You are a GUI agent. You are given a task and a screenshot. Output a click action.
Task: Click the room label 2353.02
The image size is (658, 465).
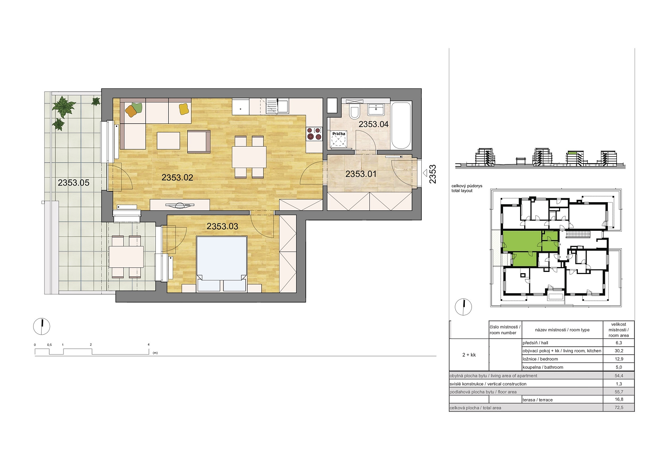177,177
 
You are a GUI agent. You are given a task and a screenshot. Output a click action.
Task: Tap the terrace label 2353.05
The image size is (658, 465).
74,183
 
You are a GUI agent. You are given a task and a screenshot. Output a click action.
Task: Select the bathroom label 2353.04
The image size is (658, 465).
373,124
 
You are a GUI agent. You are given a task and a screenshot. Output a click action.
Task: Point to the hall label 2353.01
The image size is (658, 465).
361,174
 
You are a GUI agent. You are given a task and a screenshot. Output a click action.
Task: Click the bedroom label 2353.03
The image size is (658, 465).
222,226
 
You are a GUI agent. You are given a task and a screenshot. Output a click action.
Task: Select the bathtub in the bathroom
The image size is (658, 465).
401,126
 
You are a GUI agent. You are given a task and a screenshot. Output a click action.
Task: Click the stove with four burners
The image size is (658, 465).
314,134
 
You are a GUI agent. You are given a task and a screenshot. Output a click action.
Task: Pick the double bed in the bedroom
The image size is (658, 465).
222,264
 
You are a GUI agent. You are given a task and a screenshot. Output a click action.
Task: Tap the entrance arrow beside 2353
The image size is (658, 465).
425,173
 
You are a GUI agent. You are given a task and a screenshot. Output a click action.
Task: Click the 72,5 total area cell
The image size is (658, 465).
619,407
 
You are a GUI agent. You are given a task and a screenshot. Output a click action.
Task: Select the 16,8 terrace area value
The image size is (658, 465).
619,399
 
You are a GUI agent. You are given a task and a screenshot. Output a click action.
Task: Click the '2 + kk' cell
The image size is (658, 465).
469,355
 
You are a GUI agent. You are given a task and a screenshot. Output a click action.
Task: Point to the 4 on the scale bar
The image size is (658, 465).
149,345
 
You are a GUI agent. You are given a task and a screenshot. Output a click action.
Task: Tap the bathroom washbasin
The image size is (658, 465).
376,109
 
